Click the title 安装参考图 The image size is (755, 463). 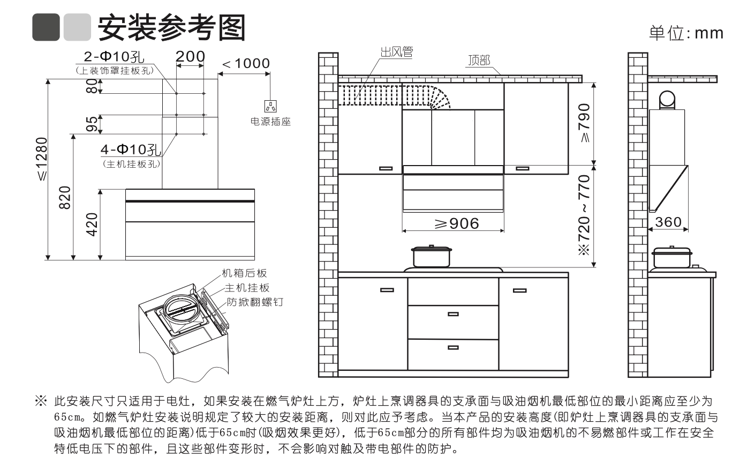click(171, 27)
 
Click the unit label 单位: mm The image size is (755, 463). click(686, 33)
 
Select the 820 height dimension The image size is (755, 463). click(64, 198)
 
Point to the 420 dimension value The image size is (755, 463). click(92, 225)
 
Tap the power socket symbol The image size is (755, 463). click(271, 106)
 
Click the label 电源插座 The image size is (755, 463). click(270, 122)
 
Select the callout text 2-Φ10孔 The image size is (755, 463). click(115, 57)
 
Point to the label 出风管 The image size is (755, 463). click(397, 52)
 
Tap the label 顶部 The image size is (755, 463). click(478, 60)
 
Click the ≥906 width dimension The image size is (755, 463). click(457, 223)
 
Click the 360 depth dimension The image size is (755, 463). click(668, 222)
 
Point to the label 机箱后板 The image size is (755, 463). click(244, 274)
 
